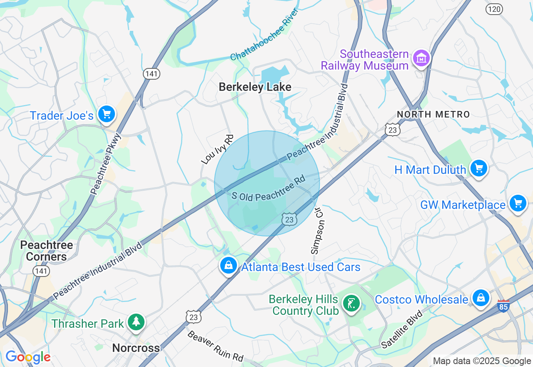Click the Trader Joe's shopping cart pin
[x=107, y=114]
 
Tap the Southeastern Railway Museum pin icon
[x=421, y=59]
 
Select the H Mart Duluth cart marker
[x=478, y=168]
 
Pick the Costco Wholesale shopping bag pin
[x=481, y=298]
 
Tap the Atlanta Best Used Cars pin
[x=229, y=265]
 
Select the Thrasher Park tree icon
[x=136, y=322]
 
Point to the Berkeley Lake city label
[x=255, y=87]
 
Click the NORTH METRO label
[x=433, y=114]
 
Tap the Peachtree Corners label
[x=47, y=251]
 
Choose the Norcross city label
[x=136, y=348]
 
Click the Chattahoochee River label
[x=265, y=35]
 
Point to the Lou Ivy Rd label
[x=217, y=149]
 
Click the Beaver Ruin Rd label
[x=215, y=346]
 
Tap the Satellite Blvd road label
[x=402, y=330]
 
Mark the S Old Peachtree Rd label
[x=269, y=189]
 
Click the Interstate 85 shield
[x=503, y=306]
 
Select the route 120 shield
[x=494, y=9]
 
